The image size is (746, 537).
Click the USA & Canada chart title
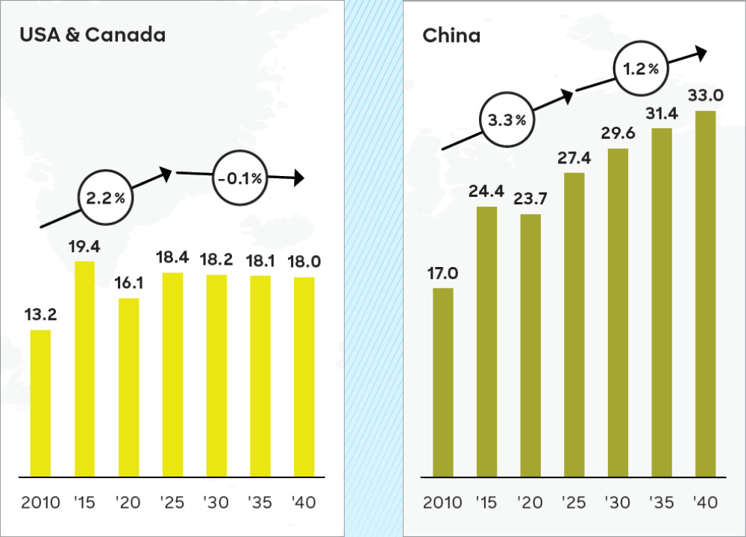92,35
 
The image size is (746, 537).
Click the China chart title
451,35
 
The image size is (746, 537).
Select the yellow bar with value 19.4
84,368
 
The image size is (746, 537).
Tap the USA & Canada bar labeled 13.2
40,403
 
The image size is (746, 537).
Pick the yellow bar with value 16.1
128,387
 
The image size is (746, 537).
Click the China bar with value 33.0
706,294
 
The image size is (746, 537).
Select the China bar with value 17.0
443,382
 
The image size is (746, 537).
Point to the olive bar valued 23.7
530,345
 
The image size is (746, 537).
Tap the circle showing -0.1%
239,178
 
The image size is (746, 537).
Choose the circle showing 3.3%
507,119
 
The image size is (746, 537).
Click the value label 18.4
172,258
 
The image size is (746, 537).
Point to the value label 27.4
574,159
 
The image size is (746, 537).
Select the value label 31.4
662,114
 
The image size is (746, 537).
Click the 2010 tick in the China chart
443,502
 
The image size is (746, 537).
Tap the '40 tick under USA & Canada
303,502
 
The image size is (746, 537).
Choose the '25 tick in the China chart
574,502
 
